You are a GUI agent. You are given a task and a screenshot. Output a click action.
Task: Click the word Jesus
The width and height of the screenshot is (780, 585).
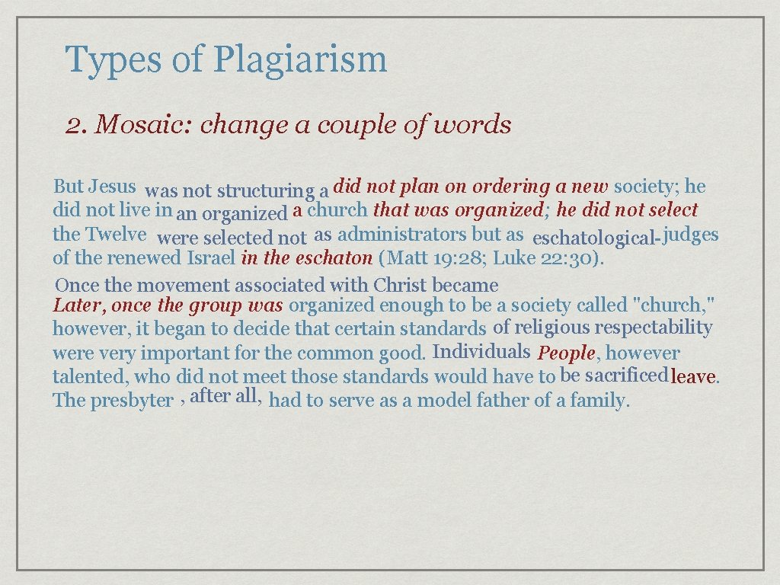[x=112, y=186]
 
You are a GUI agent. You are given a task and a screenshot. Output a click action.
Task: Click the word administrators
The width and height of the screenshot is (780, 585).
[x=402, y=234]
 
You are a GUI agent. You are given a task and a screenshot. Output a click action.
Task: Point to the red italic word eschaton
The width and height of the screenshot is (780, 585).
[x=340, y=257]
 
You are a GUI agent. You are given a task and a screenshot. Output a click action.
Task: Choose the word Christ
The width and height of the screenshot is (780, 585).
[x=401, y=286]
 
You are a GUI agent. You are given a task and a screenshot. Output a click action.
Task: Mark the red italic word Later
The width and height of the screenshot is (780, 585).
[x=78, y=306]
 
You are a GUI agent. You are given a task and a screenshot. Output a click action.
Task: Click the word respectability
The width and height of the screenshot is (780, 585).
[x=654, y=328]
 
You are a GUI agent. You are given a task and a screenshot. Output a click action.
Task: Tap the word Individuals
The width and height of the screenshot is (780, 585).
[x=481, y=352]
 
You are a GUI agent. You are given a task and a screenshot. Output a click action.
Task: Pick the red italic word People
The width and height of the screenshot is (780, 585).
[x=567, y=353]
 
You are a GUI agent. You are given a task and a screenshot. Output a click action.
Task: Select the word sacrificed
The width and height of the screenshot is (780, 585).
[x=626, y=375]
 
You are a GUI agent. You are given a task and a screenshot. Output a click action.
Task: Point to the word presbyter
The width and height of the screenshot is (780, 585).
[x=132, y=401]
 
